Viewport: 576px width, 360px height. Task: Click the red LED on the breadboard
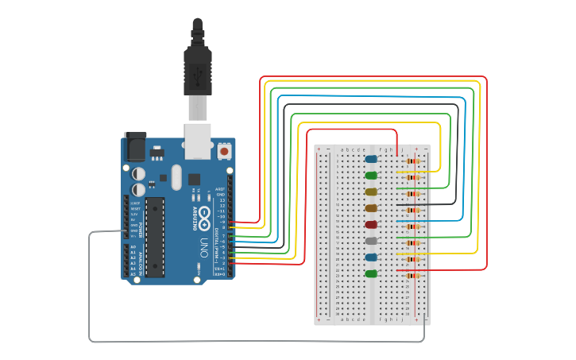pos(371,225)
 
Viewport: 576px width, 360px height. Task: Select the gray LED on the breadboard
pos(371,241)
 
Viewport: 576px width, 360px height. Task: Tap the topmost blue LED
pos(371,159)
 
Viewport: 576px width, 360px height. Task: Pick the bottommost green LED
pos(371,273)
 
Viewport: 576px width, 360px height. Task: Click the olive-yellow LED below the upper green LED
pos(371,192)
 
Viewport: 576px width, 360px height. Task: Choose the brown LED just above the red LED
pos(371,208)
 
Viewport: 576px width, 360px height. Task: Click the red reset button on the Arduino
pos(225,150)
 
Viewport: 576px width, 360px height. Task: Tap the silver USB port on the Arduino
pos(198,140)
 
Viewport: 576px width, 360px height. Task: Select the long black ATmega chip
pos(155,237)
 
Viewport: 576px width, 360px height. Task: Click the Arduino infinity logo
pos(203,214)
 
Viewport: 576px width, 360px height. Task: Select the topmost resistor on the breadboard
pos(411,161)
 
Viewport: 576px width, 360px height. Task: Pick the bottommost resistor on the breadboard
pos(411,276)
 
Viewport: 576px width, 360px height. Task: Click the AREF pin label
pos(220,189)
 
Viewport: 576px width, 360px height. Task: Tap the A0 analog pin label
pos(133,248)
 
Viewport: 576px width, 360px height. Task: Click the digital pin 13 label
pos(222,199)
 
